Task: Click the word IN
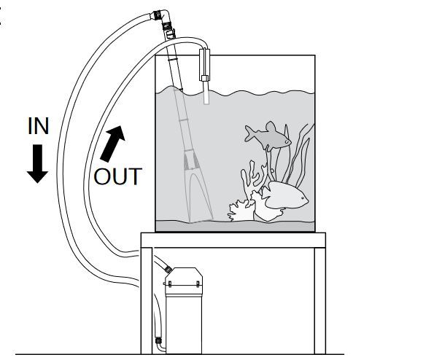click(x=39, y=126)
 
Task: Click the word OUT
click(x=118, y=176)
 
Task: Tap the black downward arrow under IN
click(x=38, y=164)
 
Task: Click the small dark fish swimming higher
click(x=268, y=136)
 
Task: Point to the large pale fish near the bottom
click(x=284, y=196)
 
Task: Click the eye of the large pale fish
click(x=303, y=198)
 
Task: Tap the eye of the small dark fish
click(x=287, y=141)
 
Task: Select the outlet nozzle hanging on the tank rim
click(x=205, y=76)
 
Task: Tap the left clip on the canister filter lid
click(x=170, y=284)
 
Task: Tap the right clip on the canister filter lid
click(x=198, y=284)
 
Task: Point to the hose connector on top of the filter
click(x=168, y=268)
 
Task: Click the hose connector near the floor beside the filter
click(x=158, y=340)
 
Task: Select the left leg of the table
click(x=147, y=301)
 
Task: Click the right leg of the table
click(x=320, y=301)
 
